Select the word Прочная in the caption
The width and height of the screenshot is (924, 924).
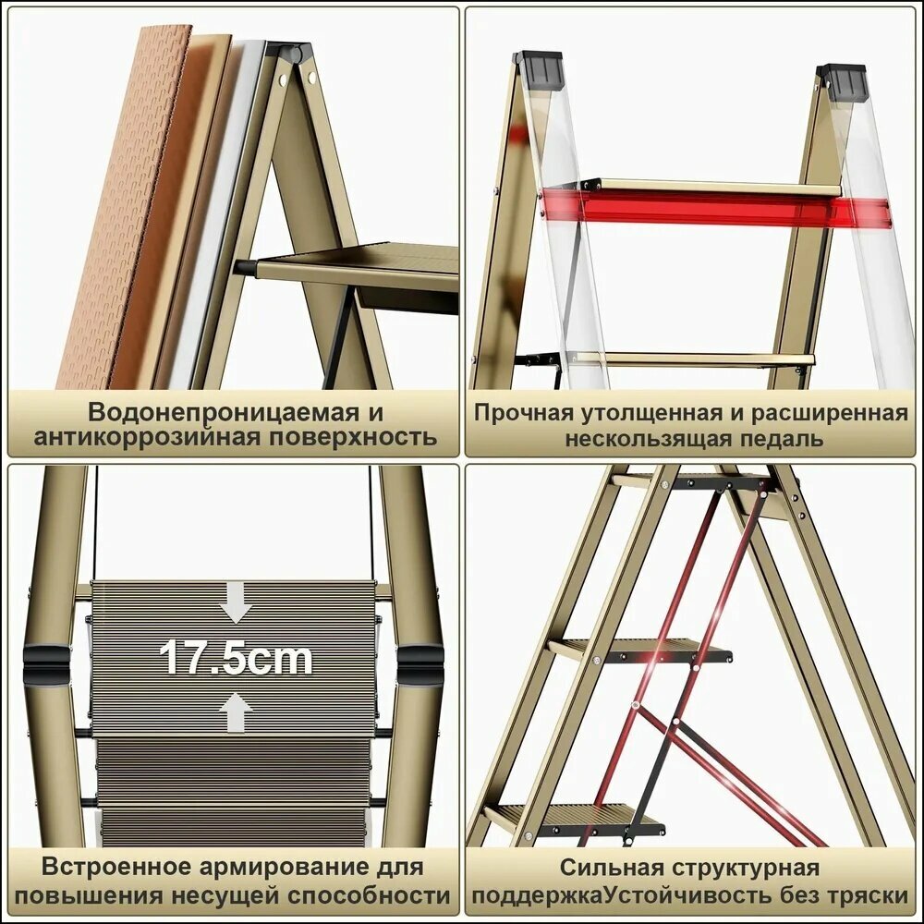524,413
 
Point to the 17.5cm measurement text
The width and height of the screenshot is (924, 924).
236,658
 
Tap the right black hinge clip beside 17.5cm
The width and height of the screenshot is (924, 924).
420,665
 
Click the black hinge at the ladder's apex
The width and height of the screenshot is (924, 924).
291,52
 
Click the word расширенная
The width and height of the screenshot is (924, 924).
829,413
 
